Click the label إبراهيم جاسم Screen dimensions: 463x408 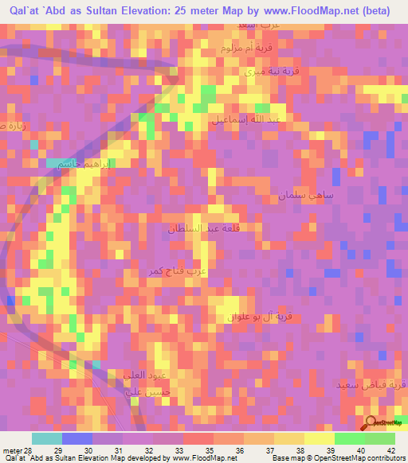tap(90, 164)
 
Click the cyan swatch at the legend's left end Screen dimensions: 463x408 tap(46, 438)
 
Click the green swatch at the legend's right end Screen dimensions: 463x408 tap(380, 438)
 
